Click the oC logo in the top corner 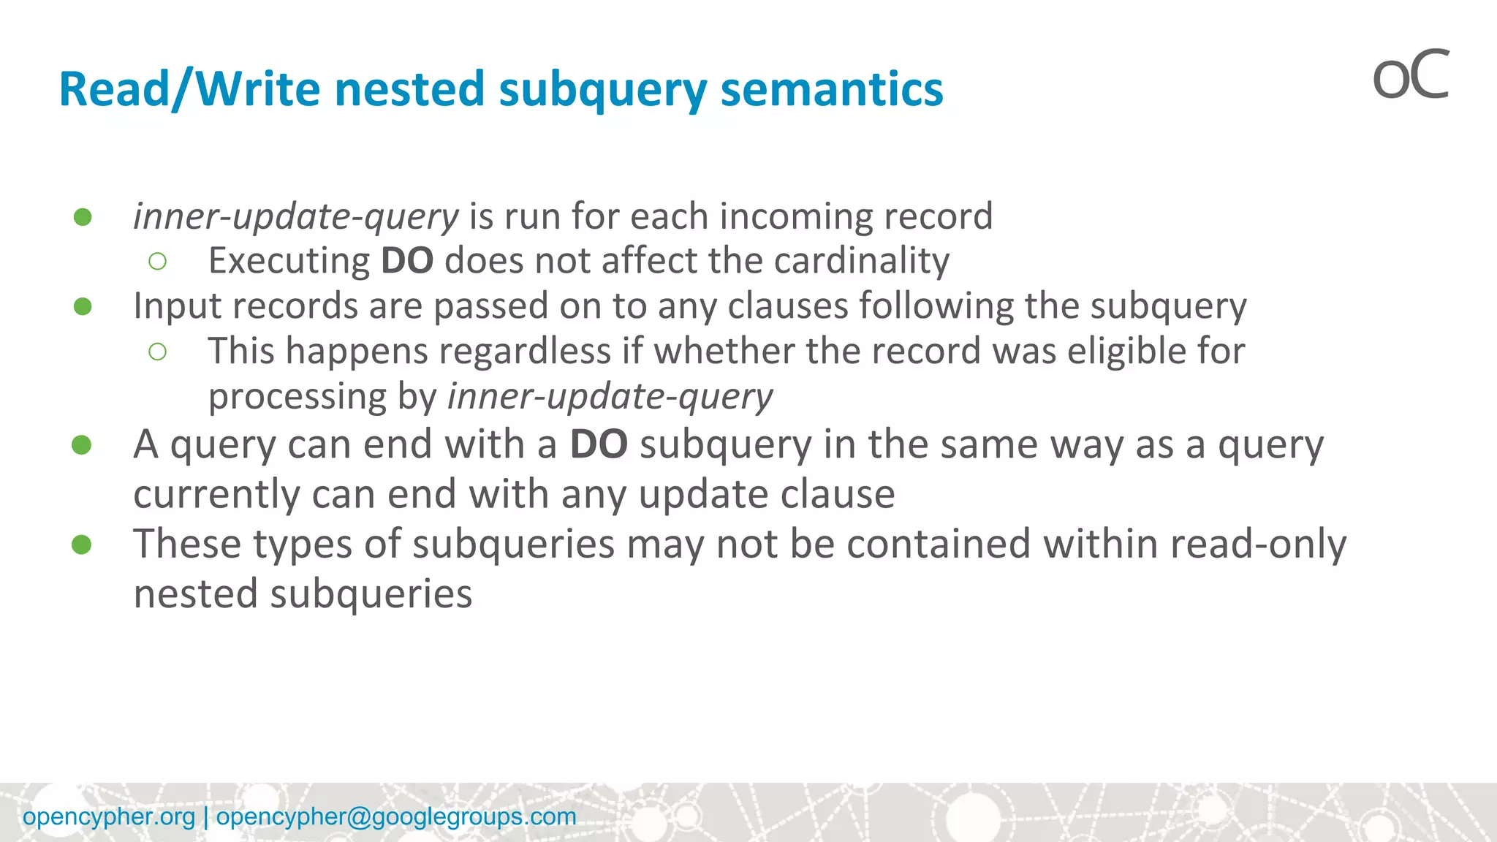tap(1410, 75)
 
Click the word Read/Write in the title tap(189, 90)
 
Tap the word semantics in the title tap(831, 90)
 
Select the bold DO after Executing tap(407, 261)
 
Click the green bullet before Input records tap(83, 306)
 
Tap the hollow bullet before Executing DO tap(157, 262)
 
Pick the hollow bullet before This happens tap(157, 352)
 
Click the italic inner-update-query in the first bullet tap(296, 217)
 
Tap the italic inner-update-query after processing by tap(610, 397)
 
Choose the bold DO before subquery tap(598, 444)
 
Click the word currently tap(217, 495)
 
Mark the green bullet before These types tap(81, 545)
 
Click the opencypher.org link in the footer tap(109, 816)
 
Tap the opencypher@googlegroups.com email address tap(396, 816)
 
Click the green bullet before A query tap(81, 445)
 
